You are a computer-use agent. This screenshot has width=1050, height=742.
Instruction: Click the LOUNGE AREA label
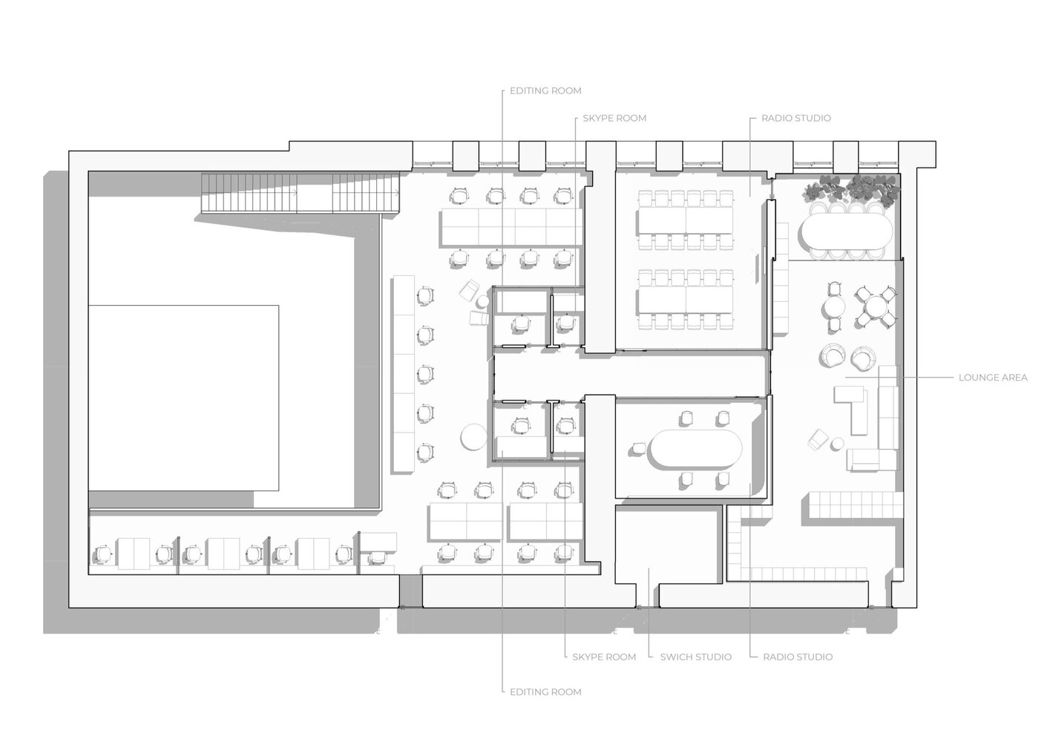pyautogui.click(x=993, y=378)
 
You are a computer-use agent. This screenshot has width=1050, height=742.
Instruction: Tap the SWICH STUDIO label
pyautogui.click(x=695, y=657)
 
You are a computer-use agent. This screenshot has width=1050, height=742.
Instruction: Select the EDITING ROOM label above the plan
pyautogui.click(x=545, y=91)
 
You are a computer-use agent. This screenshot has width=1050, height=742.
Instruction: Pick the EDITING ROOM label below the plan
pyautogui.click(x=545, y=692)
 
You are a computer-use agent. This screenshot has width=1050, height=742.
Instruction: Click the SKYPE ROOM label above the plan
pyautogui.click(x=614, y=118)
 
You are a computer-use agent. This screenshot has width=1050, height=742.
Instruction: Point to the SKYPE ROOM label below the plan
pyautogui.click(x=603, y=657)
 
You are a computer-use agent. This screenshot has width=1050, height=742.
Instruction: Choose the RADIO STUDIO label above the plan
pyautogui.click(x=795, y=118)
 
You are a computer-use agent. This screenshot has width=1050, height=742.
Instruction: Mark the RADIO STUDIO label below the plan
pyautogui.click(x=797, y=657)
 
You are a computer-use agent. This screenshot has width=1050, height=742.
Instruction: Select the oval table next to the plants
pyautogui.click(x=841, y=231)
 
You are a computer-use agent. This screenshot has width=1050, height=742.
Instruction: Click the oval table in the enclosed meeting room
pyautogui.click(x=695, y=450)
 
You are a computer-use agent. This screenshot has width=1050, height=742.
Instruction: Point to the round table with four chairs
pyautogui.click(x=878, y=306)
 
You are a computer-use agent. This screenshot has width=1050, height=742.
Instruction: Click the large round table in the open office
pyautogui.click(x=473, y=436)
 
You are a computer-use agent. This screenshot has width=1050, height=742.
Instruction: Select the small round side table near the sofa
pyautogui.click(x=838, y=444)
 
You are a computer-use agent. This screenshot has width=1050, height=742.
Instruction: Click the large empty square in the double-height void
pyautogui.click(x=183, y=398)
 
